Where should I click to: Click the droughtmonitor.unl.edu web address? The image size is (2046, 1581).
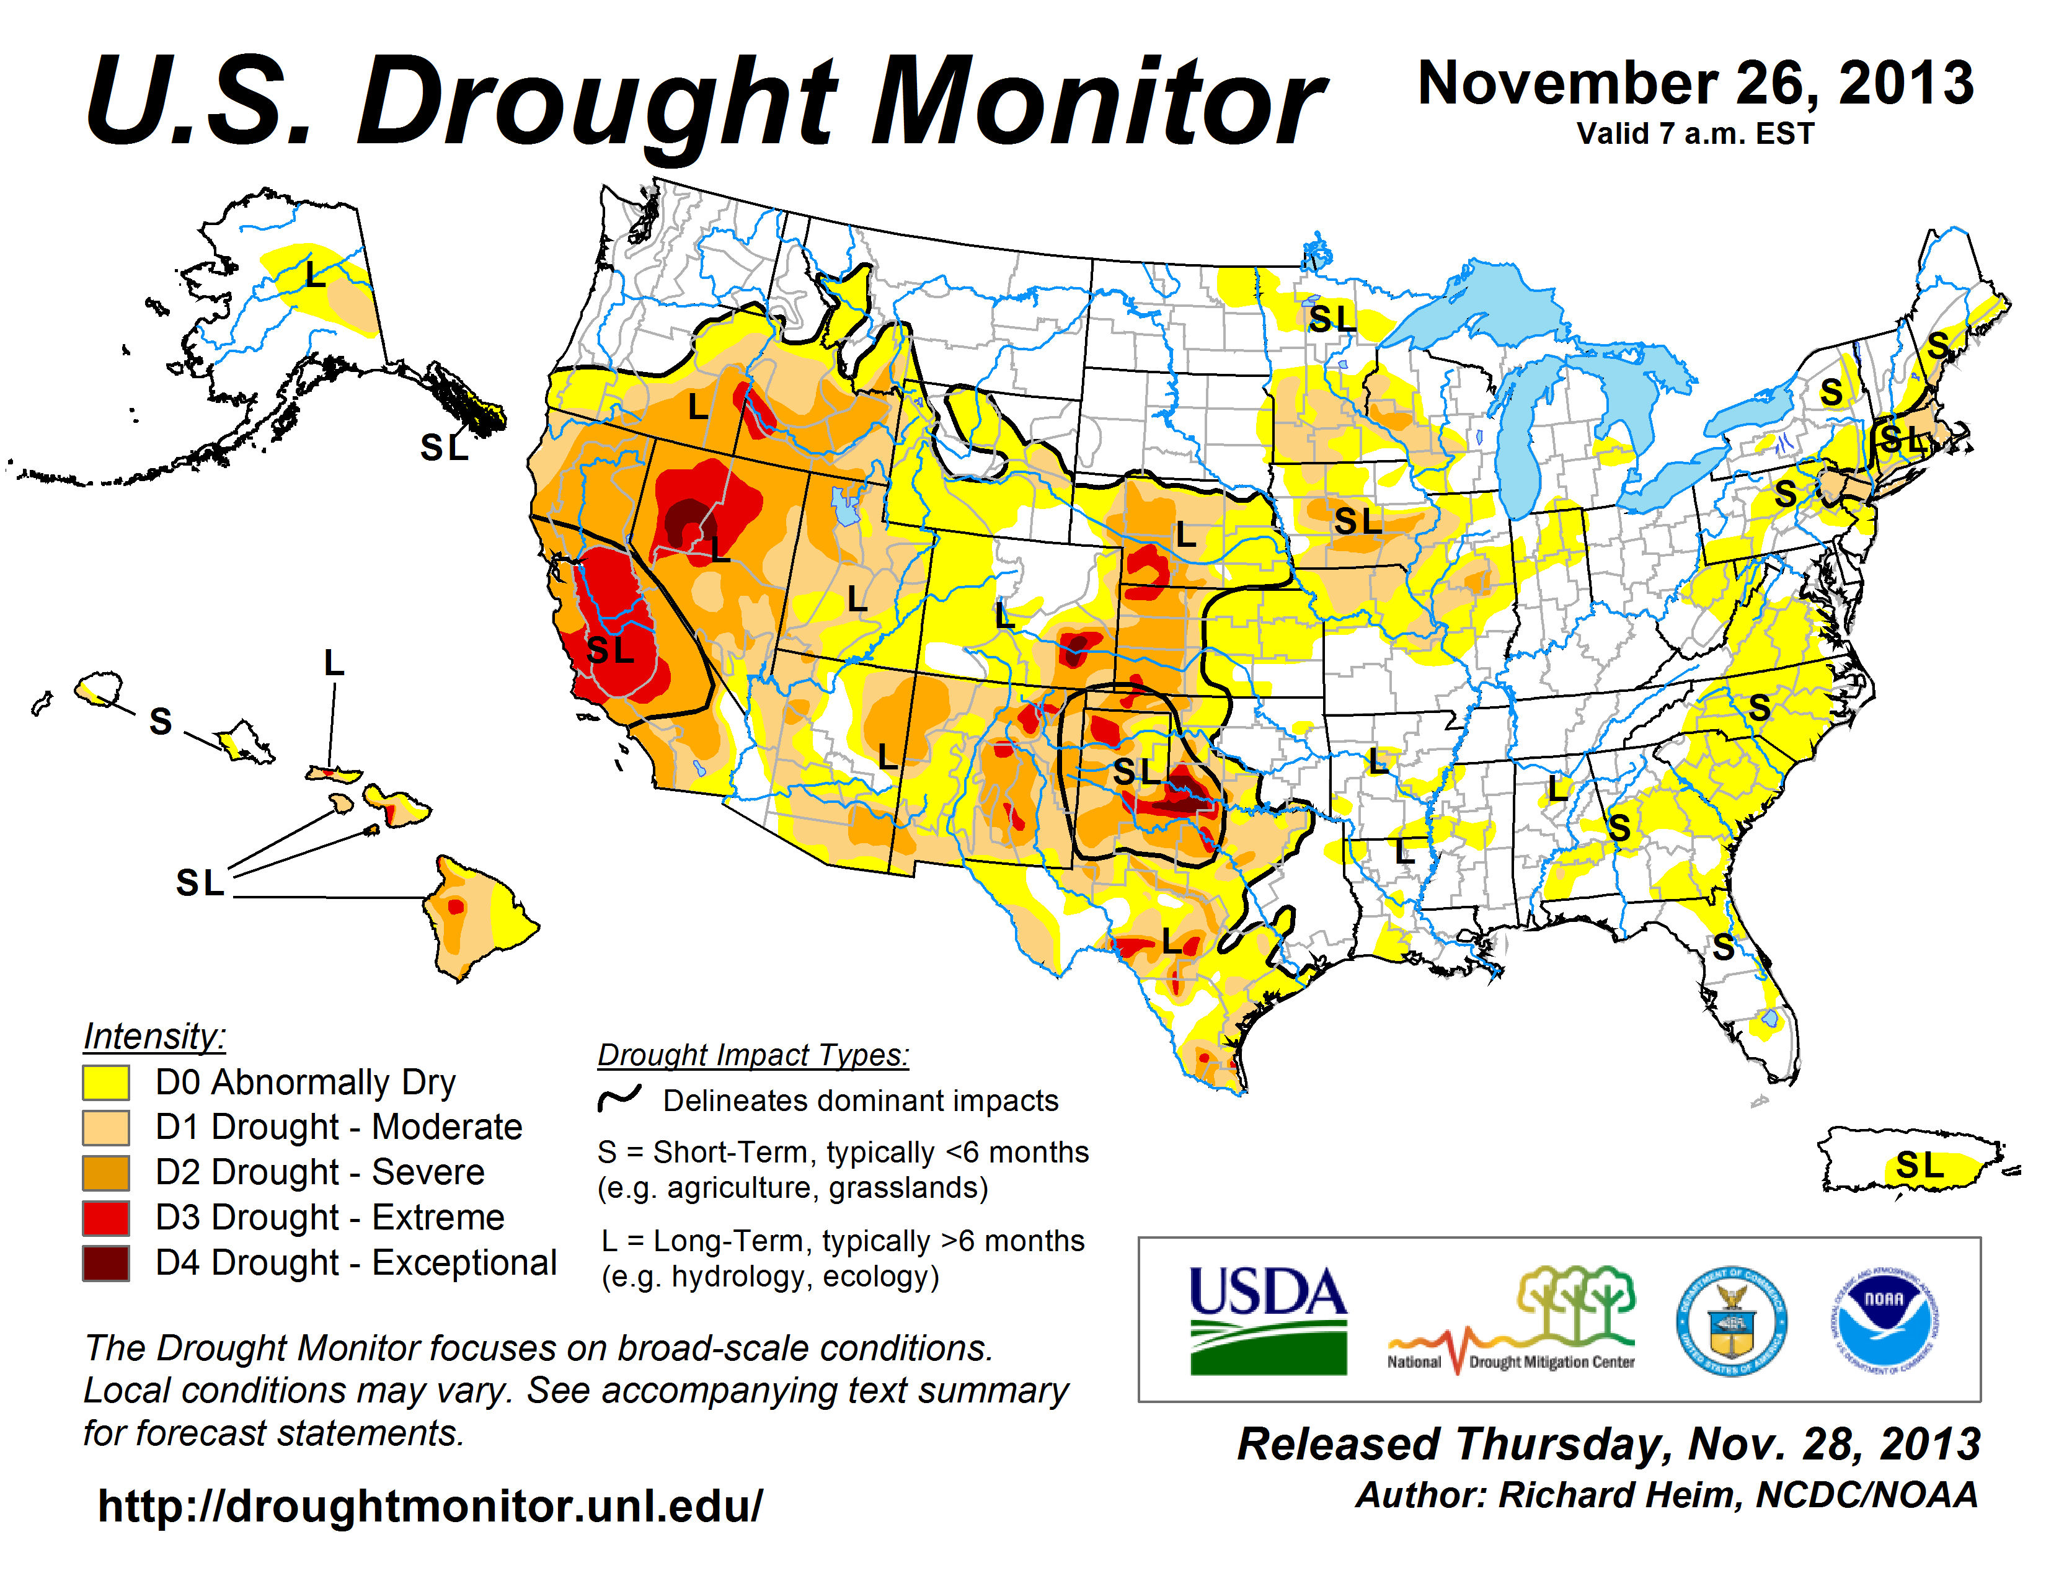click(430, 1506)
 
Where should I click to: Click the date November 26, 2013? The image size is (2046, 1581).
click(1696, 82)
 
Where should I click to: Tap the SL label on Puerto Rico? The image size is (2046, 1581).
click(1920, 1166)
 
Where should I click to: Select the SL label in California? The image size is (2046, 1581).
click(610, 649)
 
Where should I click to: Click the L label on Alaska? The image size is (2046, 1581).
click(315, 275)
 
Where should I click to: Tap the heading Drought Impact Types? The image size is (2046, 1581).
click(753, 1055)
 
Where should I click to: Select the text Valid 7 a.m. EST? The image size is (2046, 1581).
click(1694, 134)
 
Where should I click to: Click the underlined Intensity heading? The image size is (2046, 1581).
click(154, 1036)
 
